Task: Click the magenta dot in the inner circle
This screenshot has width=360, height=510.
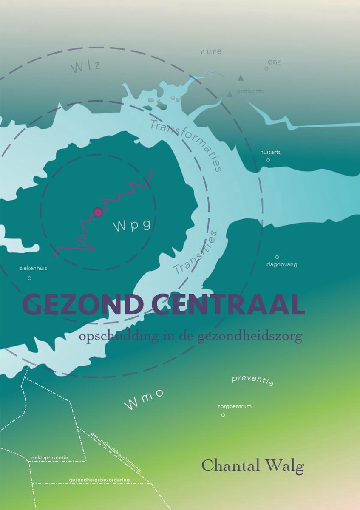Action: pos(98,212)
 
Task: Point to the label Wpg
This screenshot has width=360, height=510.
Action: pos(132,226)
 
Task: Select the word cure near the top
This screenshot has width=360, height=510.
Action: pos(211,51)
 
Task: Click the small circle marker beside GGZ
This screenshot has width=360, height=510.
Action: pos(266,68)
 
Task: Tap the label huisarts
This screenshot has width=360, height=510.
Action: pos(270,152)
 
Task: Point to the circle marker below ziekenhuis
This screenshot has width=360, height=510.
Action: pos(29,278)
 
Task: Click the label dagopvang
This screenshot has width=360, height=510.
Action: pos(281,264)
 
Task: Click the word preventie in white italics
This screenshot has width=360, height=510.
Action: pos(252,380)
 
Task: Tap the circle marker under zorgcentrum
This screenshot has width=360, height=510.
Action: pos(223,415)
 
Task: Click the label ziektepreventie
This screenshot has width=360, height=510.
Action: pos(49,458)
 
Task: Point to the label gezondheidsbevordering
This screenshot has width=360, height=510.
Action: pos(99,480)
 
